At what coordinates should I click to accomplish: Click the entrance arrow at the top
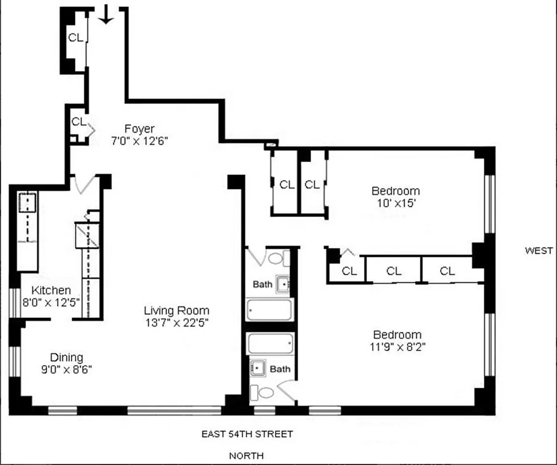coord(105,14)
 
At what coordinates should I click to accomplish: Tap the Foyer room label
coord(140,128)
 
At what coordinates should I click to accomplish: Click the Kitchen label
coord(51,290)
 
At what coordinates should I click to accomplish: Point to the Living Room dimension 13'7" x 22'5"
coord(177,321)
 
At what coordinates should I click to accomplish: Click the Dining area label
coord(66,357)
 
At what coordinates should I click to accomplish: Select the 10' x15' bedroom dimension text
coord(395,204)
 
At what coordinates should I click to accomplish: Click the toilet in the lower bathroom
coord(265,392)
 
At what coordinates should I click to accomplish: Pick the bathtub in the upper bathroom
coord(269,309)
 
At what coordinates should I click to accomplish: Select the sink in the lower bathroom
coord(258,368)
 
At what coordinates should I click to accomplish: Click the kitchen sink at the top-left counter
coord(27,203)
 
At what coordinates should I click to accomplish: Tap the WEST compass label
coord(538,251)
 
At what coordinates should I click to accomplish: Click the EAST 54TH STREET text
coord(247,434)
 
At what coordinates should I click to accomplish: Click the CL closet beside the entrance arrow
coord(76,38)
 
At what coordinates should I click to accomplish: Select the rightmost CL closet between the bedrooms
coord(447,271)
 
